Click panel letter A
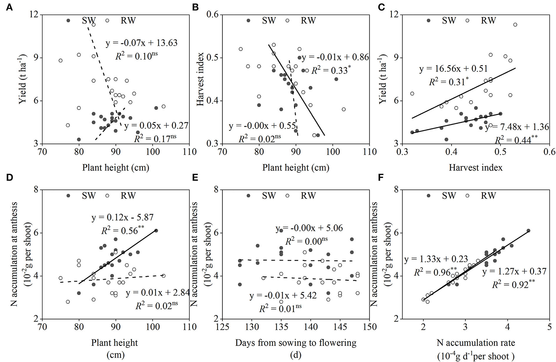point(9,7)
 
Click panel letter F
point(381,178)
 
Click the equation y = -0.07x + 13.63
point(142,43)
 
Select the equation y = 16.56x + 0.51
point(453,69)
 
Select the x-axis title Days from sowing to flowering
point(296,343)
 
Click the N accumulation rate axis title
point(475,343)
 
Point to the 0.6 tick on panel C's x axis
point(549,152)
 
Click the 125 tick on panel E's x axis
point(222,327)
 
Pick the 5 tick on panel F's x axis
point(549,327)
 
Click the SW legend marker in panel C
point(428,20)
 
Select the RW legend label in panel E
point(308,195)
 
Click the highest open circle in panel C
point(515,24)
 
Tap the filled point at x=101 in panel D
point(156,231)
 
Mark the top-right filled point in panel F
point(528,231)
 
